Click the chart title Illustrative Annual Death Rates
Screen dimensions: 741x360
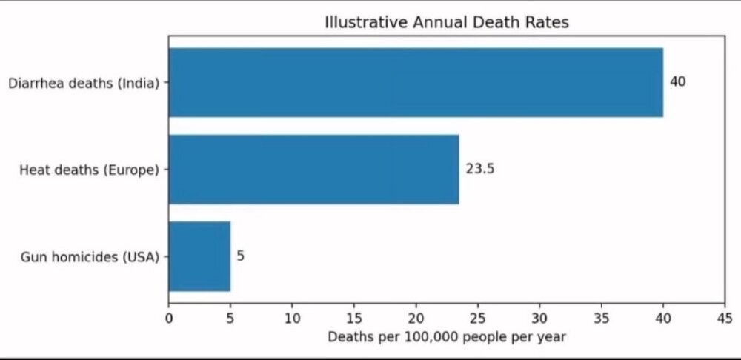click(447, 22)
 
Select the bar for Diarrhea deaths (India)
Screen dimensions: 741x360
click(416, 82)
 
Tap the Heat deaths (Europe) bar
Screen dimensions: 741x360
click(313, 169)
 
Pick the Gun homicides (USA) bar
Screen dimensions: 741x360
click(199, 256)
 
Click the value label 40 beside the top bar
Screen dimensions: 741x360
click(678, 81)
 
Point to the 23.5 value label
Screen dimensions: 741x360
click(480, 169)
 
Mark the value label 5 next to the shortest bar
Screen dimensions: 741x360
click(241, 256)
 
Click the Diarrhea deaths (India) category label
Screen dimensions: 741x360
click(84, 84)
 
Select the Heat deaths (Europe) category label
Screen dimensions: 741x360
click(90, 170)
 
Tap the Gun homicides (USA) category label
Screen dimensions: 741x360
click(90, 258)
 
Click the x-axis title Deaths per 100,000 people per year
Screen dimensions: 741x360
click(447, 337)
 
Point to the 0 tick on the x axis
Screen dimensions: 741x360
click(169, 319)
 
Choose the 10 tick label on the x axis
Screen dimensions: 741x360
click(292, 319)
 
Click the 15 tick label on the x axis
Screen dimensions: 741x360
click(354, 319)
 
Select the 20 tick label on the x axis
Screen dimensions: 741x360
click(416, 319)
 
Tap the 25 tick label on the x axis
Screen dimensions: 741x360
click(478, 319)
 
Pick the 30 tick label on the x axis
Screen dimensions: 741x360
click(539, 319)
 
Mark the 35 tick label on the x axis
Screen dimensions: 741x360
click(601, 319)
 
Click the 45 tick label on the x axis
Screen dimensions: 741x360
click(725, 319)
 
